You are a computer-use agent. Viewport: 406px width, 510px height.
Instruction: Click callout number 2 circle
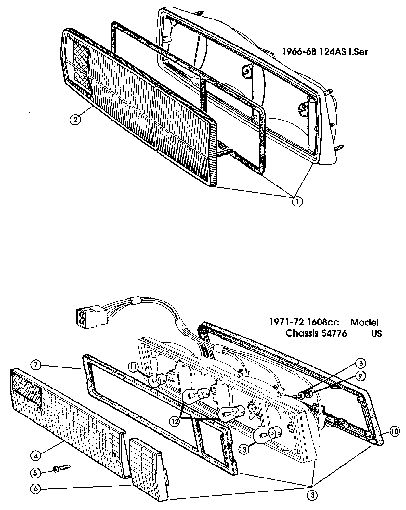(x=75, y=120)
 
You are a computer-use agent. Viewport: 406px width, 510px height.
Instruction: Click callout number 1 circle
(x=297, y=201)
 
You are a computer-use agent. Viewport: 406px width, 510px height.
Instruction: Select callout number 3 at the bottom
(x=313, y=495)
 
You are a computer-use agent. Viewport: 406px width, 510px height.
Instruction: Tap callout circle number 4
(x=36, y=455)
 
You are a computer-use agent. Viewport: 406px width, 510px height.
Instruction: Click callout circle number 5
(x=36, y=472)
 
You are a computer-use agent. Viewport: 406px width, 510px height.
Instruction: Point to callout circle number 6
(x=36, y=488)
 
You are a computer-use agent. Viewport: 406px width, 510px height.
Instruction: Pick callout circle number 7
(x=36, y=364)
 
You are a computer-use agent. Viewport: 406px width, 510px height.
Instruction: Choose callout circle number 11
(x=134, y=366)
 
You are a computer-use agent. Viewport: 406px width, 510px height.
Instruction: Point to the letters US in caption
(x=377, y=333)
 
